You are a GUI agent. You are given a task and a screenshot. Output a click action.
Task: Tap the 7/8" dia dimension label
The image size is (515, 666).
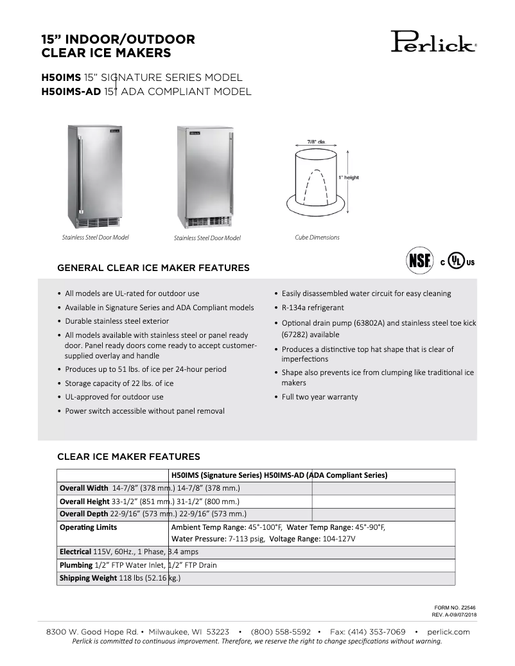315,141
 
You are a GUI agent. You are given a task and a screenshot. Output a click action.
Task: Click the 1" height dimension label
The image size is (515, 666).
350,177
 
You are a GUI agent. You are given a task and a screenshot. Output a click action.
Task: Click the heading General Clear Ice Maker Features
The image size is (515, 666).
153,267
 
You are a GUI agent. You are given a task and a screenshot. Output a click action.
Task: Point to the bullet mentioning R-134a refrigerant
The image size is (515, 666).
313,308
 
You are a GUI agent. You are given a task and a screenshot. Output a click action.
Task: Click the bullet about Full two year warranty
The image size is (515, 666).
320,397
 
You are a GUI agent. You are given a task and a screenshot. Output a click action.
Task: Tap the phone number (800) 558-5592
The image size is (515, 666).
281,632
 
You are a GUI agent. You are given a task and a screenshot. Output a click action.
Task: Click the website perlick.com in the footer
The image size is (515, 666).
448,632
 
